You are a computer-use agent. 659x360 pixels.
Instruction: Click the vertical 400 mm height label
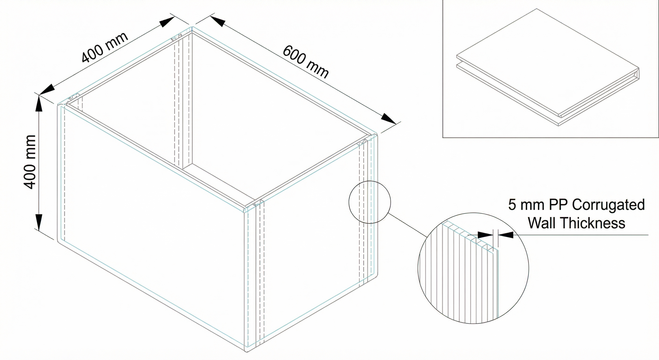(29, 162)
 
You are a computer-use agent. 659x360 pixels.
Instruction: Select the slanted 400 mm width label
(105, 47)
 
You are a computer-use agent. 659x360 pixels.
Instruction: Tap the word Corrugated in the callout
(608, 205)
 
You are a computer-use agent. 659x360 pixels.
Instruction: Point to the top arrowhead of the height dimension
(39, 104)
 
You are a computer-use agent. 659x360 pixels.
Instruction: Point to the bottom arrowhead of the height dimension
(39, 222)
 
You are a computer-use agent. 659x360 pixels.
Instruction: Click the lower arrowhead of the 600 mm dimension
(388, 119)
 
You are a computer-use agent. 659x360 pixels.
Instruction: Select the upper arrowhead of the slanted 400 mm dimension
(167, 22)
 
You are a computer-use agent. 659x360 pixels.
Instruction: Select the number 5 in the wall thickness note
(512, 205)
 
